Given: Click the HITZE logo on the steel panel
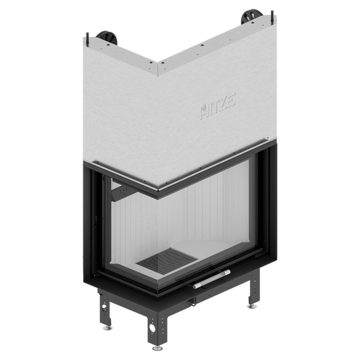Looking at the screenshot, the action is point(218,105).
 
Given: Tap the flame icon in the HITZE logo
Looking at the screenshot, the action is point(204,109).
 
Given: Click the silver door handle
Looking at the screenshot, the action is point(211,279).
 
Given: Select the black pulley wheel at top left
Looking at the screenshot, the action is point(107,37).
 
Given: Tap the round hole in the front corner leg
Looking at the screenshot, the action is point(152,327).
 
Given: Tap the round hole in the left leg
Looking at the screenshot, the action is point(105,307).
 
